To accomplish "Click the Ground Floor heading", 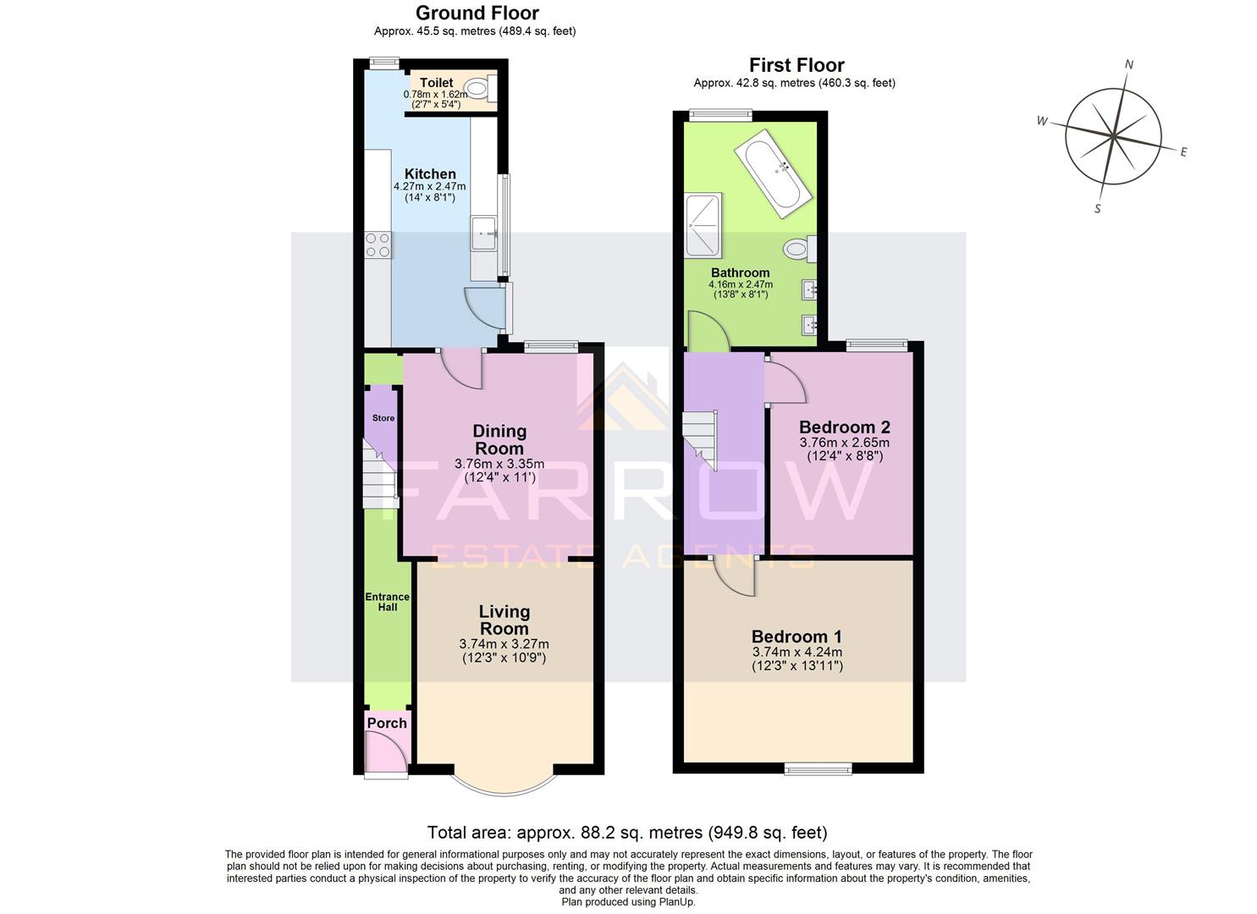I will coord(477,13).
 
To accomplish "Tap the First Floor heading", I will coord(797,65).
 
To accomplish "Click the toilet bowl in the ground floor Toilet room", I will coord(478,87).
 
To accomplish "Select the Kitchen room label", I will coord(430,173).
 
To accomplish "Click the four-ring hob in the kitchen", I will coord(378,245).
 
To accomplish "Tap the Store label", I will coord(383,418).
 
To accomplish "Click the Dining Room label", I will coord(499,440).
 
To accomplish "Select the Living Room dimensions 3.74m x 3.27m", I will coord(504,644).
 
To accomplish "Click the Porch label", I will coord(387,724).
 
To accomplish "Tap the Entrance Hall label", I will coord(387,602).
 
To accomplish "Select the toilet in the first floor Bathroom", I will coord(797,249).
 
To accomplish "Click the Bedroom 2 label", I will coord(844,427).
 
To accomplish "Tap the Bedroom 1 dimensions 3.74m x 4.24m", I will coord(797,652).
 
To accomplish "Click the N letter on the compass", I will coord(1128,64).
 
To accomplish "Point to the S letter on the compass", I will coord(1098,208).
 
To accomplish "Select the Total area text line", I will coord(627,833).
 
